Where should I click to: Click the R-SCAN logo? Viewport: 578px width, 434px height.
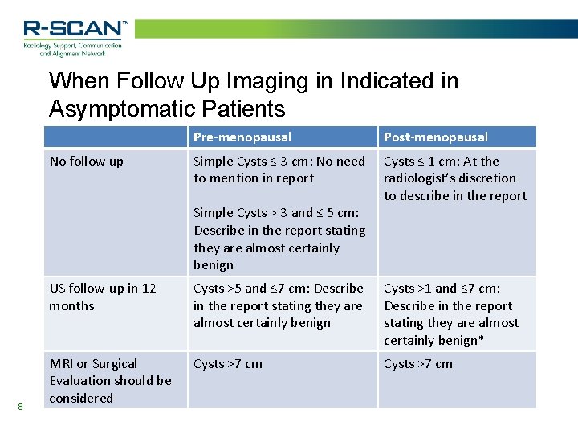pyautogui.click(x=74, y=30)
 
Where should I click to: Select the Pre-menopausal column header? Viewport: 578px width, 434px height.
pyautogui.click(x=242, y=137)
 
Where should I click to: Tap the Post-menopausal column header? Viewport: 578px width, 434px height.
pyautogui.click(x=435, y=137)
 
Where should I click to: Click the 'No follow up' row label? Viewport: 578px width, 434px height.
pyautogui.click(x=87, y=162)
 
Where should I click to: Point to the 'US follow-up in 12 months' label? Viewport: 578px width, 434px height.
pyautogui.click(x=103, y=297)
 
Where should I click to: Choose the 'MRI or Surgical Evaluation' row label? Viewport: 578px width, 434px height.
pyautogui.click(x=110, y=381)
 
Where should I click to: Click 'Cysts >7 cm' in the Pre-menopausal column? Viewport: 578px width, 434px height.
pyautogui.click(x=228, y=364)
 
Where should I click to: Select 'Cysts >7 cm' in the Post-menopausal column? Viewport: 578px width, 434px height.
pyautogui.click(x=417, y=364)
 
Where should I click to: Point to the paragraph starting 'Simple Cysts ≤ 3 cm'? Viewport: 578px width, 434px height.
pyautogui.click(x=279, y=170)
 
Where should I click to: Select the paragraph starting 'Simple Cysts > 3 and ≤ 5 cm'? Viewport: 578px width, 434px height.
pyautogui.click(x=279, y=239)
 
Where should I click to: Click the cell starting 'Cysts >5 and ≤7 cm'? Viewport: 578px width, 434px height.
pyautogui.click(x=278, y=305)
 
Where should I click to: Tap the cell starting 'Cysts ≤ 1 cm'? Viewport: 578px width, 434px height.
pyautogui.click(x=454, y=178)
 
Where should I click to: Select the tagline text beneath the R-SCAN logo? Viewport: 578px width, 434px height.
pyautogui.click(x=72, y=50)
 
